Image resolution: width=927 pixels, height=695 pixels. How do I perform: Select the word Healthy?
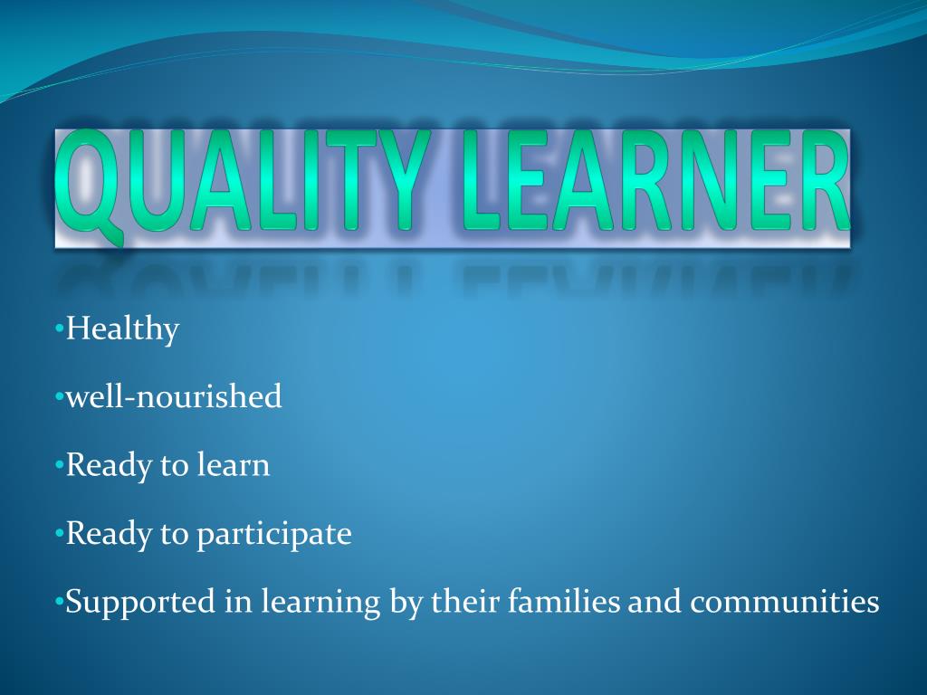coord(122,329)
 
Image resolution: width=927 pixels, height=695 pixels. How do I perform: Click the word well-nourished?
coord(174,396)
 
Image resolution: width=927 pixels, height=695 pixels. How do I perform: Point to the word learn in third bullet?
coord(233,465)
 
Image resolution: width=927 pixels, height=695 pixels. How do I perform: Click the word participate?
coord(274,535)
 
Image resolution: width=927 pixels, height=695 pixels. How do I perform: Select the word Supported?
coord(141,603)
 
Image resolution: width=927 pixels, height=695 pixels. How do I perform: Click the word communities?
coord(786,602)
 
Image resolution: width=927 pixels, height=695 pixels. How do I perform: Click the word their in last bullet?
coord(461,601)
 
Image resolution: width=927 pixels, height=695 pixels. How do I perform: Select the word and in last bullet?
coord(656,601)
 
